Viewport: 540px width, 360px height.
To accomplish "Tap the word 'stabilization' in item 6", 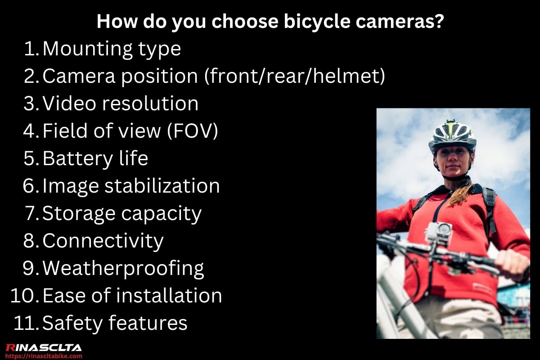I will pos(162,186).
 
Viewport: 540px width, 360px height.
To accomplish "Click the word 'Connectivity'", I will pos(103,241).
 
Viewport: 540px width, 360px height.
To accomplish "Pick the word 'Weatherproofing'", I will pos(123,269).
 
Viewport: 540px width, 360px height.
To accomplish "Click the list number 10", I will pos(24,296).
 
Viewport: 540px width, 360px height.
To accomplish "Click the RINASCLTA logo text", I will pos(43,347).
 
